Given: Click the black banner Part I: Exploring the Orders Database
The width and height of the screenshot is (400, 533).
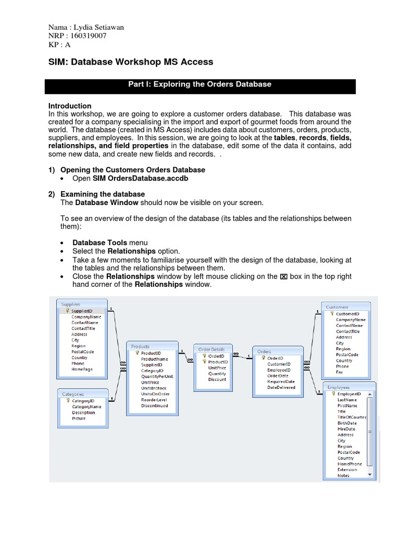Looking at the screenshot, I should [x=200, y=85].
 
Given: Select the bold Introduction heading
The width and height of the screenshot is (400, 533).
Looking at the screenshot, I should [x=70, y=106].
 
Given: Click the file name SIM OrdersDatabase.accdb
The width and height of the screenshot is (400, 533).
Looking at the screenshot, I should [x=140, y=178].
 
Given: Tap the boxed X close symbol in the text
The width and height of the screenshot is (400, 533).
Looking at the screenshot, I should [x=283, y=277].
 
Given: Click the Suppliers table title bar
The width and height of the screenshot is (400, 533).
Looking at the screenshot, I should [x=83, y=304].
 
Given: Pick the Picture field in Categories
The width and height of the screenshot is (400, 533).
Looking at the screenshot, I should [x=79, y=418].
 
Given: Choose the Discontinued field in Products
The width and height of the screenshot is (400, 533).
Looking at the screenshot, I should [x=154, y=405].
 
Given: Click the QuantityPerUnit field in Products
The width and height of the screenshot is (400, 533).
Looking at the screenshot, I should [x=157, y=376].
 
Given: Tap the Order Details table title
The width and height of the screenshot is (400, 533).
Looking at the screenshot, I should [x=211, y=349].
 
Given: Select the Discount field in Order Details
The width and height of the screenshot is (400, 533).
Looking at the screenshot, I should [x=217, y=379].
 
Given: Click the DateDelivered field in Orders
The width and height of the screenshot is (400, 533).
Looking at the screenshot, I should [x=281, y=387].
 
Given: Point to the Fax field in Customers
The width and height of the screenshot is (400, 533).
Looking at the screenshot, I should [x=340, y=372].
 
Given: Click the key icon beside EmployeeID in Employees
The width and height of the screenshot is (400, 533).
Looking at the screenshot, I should [x=332, y=394].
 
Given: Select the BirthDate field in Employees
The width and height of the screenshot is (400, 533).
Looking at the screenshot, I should [x=347, y=423].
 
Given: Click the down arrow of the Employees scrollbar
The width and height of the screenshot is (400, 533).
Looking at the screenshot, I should [x=370, y=475].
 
